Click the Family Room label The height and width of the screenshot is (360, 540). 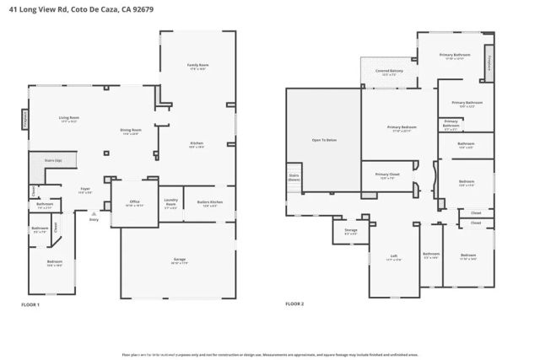[197, 66]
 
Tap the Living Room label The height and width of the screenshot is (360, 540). [68, 118]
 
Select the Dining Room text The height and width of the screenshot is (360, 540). [130, 131]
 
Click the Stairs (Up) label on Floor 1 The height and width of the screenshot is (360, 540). [40, 159]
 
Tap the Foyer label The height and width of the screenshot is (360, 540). [84, 189]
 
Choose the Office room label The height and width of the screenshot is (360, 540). [134, 202]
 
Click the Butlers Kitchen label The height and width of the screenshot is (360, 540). [209, 202]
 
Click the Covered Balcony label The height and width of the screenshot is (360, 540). [390, 71]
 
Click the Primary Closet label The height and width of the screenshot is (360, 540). [388, 176]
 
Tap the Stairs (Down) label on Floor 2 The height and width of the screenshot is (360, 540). [294, 178]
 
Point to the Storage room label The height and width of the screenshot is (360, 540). [350, 230]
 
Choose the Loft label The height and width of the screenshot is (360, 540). [393, 256]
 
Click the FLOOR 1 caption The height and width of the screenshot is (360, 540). [30, 304]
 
